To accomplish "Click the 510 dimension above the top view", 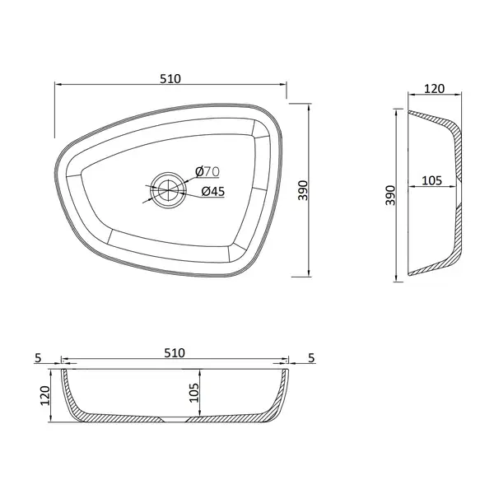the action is (170, 79).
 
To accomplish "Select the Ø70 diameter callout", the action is (207, 172).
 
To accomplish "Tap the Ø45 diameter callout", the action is (213, 191).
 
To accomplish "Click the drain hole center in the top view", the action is (168, 190).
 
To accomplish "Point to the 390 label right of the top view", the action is (303, 190).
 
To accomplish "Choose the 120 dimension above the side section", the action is (434, 89).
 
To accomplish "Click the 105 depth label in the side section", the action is (431, 180).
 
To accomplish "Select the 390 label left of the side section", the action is (390, 195).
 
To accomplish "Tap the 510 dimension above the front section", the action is (175, 353).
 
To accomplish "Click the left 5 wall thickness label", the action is (38, 358).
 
